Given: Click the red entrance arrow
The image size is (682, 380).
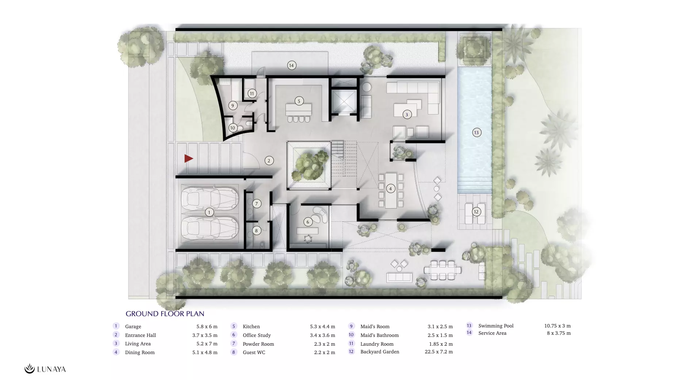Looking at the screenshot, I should (x=188, y=158).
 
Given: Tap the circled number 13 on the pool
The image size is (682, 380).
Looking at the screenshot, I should (x=476, y=132).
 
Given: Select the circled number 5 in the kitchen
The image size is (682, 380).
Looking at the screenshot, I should (x=299, y=101).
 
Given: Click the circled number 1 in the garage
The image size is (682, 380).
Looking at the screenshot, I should (x=209, y=212).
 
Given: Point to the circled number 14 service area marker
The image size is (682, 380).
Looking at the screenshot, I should (x=291, y=65).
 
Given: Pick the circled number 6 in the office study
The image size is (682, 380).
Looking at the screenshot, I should (x=308, y=222).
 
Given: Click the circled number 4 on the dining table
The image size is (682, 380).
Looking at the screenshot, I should (x=390, y=189).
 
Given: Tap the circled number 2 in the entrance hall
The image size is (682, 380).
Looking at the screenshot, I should (x=269, y=160).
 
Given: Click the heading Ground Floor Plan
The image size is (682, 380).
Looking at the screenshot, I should (x=165, y=314).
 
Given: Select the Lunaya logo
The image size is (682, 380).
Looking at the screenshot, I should (x=45, y=369).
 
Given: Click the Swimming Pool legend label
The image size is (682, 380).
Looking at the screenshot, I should (x=496, y=326).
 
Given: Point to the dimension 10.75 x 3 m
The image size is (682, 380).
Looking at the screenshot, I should (x=557, y=326).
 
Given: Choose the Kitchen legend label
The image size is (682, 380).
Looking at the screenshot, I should (x=251, y=326).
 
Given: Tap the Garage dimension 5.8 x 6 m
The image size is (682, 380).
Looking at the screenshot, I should (x=207, y=326).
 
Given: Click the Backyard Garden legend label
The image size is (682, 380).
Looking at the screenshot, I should (x=380, y=352).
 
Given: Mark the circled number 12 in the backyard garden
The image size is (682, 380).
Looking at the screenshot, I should (x=476, y=212).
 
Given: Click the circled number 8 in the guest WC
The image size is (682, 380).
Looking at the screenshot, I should (x=256, y=230).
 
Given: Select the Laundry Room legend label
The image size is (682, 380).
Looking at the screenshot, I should (x=377, y=344).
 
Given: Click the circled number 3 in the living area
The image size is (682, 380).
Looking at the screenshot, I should (x=407, y=115).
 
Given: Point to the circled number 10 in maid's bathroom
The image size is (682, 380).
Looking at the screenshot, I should (x=233, y=128).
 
